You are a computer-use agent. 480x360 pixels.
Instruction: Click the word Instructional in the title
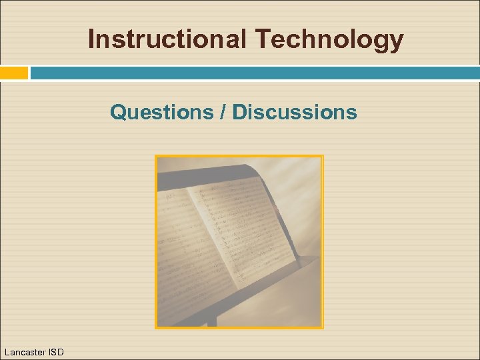(x=167, y=39)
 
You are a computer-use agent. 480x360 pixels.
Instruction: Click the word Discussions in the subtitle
(x=294, y=112)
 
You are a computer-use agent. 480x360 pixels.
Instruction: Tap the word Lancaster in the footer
(x=25, y=351)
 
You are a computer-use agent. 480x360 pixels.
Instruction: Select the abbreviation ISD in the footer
(x=56, y=351)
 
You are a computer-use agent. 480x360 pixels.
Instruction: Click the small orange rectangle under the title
(x=14, y=73)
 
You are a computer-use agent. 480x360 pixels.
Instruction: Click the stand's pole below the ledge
(x=211, y=319)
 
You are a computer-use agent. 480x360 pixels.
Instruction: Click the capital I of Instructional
(x=91, y=39)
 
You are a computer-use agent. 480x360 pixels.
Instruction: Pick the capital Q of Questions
(x=118, y=112)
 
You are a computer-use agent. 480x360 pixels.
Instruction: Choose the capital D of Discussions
(x=239, y=112)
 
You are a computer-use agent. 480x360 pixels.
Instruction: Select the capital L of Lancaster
(x=7, y=351)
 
